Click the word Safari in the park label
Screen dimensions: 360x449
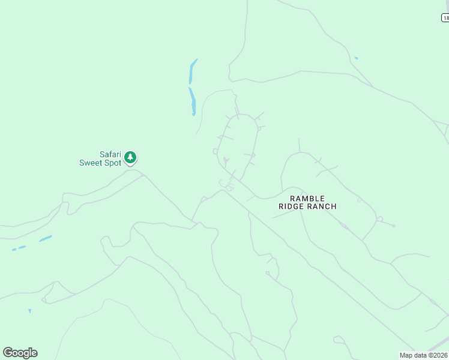[110, 154]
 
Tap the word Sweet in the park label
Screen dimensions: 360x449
[92, 163]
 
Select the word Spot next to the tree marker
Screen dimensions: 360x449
[113, 163]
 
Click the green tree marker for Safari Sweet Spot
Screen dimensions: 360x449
[130, 158]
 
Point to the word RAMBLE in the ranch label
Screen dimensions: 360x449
[307, 198]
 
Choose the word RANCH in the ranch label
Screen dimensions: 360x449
[322, 206]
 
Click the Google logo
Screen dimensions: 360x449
[20, 353]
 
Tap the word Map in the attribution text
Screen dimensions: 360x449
[406, 355]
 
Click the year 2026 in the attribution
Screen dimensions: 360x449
[440, 355]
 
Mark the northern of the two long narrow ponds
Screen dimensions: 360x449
[193, 71]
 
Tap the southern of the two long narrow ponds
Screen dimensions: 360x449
[192, 101]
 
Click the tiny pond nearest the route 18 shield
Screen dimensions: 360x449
[356, 58]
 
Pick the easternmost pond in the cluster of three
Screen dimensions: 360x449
[46, 238]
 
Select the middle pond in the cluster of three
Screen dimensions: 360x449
[22, 247]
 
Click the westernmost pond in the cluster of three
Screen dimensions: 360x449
[14, 249]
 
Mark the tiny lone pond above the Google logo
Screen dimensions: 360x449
[29, 311]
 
